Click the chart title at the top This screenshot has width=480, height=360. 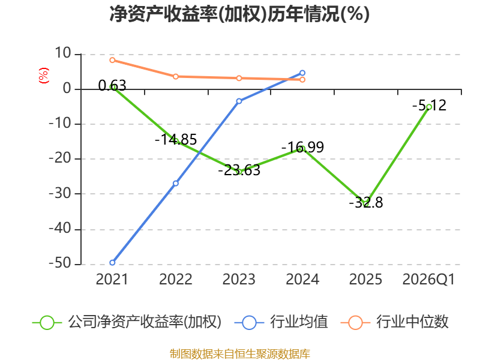click(x=239, y=14)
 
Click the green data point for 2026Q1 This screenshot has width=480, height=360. click(x=429, y=107)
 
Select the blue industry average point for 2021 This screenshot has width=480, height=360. click(x=112, y=263)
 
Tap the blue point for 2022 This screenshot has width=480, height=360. click(x=176, y=184)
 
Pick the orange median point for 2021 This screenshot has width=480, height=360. click(x=112, y=60)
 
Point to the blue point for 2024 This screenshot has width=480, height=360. click(x=302, y=73)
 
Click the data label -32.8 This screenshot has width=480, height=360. click(x=366, y=203)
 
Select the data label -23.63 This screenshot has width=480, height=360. click(x=239, y=170)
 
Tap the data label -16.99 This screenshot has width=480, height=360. click(x=302, y=147)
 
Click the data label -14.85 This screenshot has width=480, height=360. click(x=176, y=140)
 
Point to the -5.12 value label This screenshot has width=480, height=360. click(x=429, y=106)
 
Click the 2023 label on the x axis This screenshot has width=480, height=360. click(x=239, y=279)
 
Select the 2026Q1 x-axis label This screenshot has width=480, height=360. click(x=428, y=279)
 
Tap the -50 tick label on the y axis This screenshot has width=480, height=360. click(x=60, y=263)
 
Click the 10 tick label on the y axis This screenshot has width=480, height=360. click(x=63, y=53)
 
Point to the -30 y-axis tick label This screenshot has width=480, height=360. click(x=60, y=193)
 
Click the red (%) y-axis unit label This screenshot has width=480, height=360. click(x=43, y=76)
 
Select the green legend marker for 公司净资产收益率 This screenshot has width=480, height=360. click(x=47, y=323)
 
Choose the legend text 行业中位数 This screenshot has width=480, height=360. click(x=412, y=322)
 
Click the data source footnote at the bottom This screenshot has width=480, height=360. click(x=240, y=354)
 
